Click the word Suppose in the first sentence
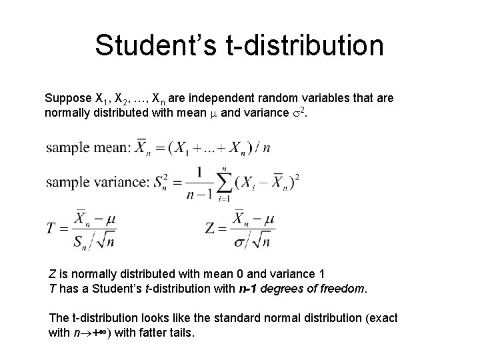67,98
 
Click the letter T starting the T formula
51,229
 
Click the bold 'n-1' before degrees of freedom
251,289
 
